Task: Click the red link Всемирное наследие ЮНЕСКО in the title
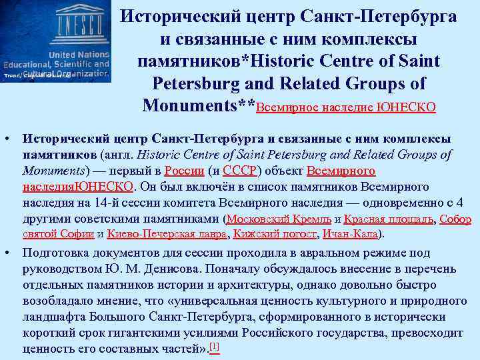tap(346, 107)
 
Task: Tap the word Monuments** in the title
tap(199, 105)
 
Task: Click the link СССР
tap(236, 170)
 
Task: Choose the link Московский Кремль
tap(279, 219)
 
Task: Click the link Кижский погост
tap(275, 234)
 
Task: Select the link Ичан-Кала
tap(349, 234)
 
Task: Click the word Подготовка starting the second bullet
tap(57, 253)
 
